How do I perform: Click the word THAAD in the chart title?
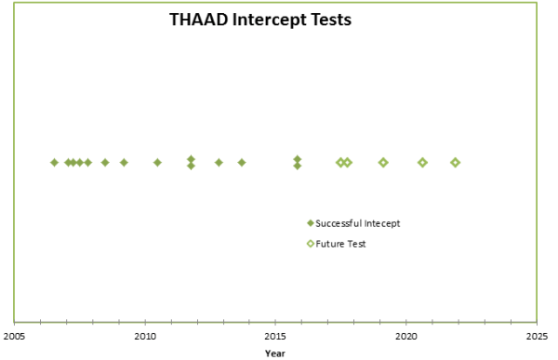tap(198, 20)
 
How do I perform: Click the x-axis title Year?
tap(274, 353)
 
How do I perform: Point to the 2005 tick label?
tap(14, 336)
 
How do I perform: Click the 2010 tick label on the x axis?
tap(145, 336)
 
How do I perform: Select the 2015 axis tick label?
tap(275, 336)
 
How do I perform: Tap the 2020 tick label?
tap(406, 336)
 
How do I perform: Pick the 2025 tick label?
tap(537, 336)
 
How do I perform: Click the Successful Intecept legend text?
tap(358, 223)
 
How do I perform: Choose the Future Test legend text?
tap(341, 244)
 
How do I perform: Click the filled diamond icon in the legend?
tap(311, 223)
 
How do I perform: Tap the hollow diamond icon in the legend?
tap(311, 244)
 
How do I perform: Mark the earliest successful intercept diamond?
tap(54, 163)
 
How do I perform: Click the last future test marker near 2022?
tap(456, 163)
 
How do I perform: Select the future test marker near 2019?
tap(383, 163)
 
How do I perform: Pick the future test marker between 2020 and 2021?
tap(422, 163)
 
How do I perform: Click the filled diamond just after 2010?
tap(157, 163)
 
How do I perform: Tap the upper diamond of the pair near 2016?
tap(298, 159)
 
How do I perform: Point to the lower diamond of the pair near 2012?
tap(191, 166)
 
